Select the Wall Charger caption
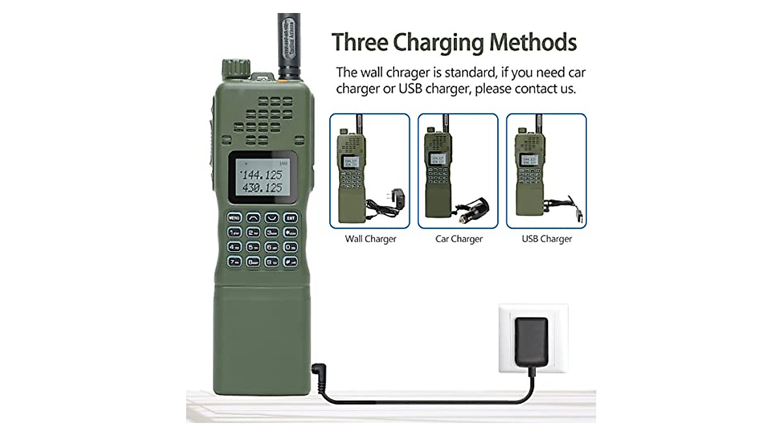(x=370, y=239)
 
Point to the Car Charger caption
(x=459, y=239)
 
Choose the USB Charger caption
(x=547, y=239)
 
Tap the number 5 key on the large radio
(x=254, y=247)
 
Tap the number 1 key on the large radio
(x=235, y=232)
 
